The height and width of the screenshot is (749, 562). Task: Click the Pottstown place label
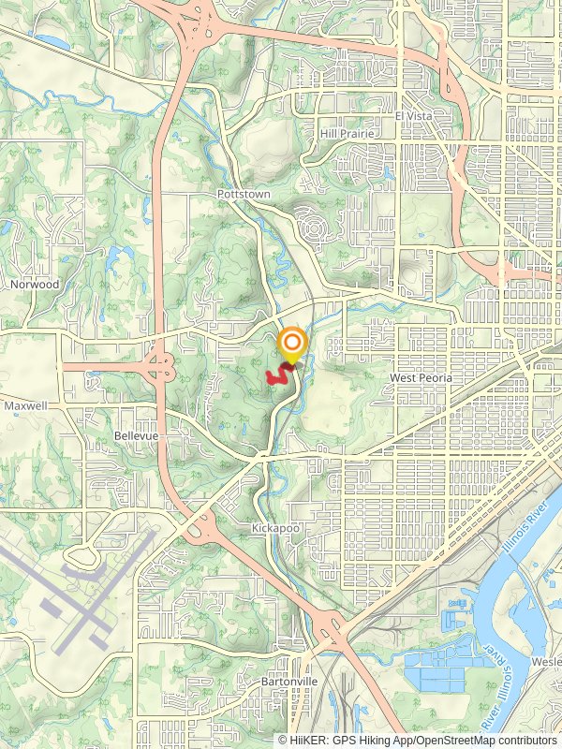(x=243, y=194)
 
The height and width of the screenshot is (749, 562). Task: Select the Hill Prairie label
(x=347, y=134)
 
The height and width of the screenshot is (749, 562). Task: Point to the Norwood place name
(x=35, y=284)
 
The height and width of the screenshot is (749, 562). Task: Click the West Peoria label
(x=421, y=377)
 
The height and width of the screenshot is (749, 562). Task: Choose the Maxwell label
(x=24, y=406)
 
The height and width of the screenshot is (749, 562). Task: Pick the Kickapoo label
(x=274, y=529)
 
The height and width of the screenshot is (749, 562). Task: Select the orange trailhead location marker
(x=292, y=342)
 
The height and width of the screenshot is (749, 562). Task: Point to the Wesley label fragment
(x=547, y=661)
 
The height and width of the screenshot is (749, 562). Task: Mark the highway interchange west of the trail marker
(x=159, y=367)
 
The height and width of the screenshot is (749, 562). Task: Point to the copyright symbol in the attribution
(x=283, y=740)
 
